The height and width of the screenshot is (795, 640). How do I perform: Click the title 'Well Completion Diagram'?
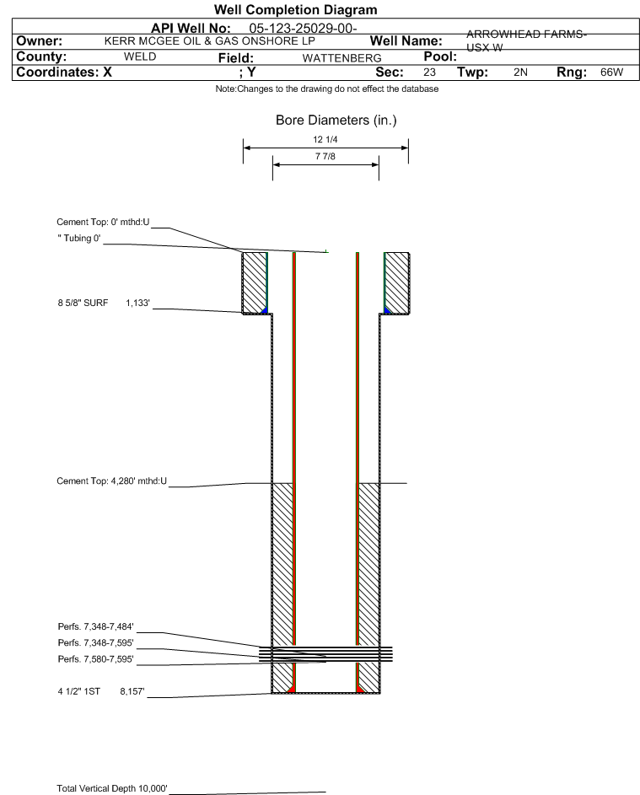(296, 9)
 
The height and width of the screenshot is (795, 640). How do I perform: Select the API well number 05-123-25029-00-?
(303, 29)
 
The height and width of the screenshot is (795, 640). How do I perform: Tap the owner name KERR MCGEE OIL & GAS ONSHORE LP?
(209, 41)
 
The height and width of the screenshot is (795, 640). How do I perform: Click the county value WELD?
(140, 56)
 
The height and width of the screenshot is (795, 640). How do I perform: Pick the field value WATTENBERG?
(342, 58)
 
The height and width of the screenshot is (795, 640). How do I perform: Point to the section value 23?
(429, 72)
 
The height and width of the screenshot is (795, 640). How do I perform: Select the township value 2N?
(520, 72)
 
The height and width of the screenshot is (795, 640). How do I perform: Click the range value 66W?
(611, 72)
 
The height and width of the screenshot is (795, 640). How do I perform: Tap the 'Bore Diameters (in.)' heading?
(336, 121)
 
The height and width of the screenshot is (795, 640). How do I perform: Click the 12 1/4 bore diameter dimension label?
(325, 139)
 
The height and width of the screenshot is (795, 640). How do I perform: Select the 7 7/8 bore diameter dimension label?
(325, 156)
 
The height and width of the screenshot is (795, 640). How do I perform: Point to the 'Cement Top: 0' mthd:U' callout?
(103, 222)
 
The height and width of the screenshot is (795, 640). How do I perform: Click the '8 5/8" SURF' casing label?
(83, 303)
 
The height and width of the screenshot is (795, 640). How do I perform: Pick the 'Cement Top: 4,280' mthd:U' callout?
(111, 481)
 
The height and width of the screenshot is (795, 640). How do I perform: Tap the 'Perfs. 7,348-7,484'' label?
(96, 627)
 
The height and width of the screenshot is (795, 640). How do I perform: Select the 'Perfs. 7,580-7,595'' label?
(96, 659)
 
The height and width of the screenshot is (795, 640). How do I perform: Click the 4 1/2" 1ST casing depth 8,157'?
(132, 691)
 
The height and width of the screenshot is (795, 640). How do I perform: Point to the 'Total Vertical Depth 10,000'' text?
(112, 788)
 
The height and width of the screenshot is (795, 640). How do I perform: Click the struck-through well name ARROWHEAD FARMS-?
(526, 34)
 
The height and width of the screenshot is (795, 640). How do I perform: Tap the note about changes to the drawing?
(327, 89)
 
